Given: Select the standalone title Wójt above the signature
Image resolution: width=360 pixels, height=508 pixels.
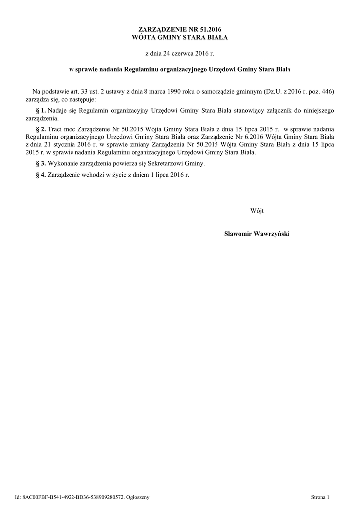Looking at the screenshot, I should point(257,211).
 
